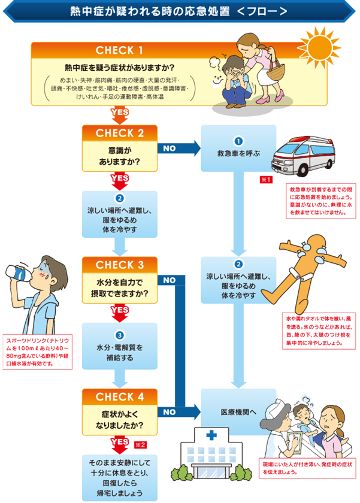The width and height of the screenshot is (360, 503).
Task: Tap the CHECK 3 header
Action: click(120, 264)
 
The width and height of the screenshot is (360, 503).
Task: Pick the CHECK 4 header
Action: click(120, 396)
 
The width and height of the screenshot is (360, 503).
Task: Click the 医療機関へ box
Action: click(238, 412)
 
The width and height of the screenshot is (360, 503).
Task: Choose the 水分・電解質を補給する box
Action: click(119, 347)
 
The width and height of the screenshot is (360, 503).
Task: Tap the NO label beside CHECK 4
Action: click(169, 412)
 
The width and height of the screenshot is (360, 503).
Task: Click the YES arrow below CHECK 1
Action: click(119, 113)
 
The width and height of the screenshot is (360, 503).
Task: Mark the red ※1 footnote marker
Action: click(267, 180)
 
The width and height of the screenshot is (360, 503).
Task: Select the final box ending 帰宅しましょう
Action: click(119, 477)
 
